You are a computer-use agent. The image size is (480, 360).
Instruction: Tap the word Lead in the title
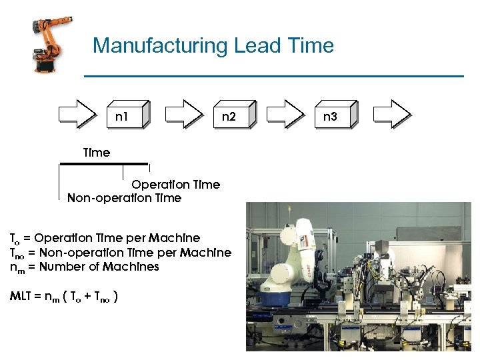point(257,46)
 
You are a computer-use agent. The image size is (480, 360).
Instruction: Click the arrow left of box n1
point(77,113)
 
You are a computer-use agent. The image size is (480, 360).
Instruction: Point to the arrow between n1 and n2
point(183,113)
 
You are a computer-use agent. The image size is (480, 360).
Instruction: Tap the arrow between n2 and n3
point(284,113)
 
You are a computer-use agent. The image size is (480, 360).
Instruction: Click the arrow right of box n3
point(391,113)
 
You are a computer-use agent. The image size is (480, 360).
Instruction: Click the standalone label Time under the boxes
point(96,153)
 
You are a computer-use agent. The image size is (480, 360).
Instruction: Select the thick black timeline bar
point(103,163)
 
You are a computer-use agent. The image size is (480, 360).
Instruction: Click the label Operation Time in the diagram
point(175,185)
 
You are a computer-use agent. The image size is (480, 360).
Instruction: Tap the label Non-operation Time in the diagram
point(124,198)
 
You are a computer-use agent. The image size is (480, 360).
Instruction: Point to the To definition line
point(105,238)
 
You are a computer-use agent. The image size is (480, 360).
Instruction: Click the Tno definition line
point(120,253)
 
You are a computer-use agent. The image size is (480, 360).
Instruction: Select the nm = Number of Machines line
point(84,267)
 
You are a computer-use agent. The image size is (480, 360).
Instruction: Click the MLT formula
point(65,296)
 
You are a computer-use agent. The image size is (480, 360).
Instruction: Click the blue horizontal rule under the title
point(273,76)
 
